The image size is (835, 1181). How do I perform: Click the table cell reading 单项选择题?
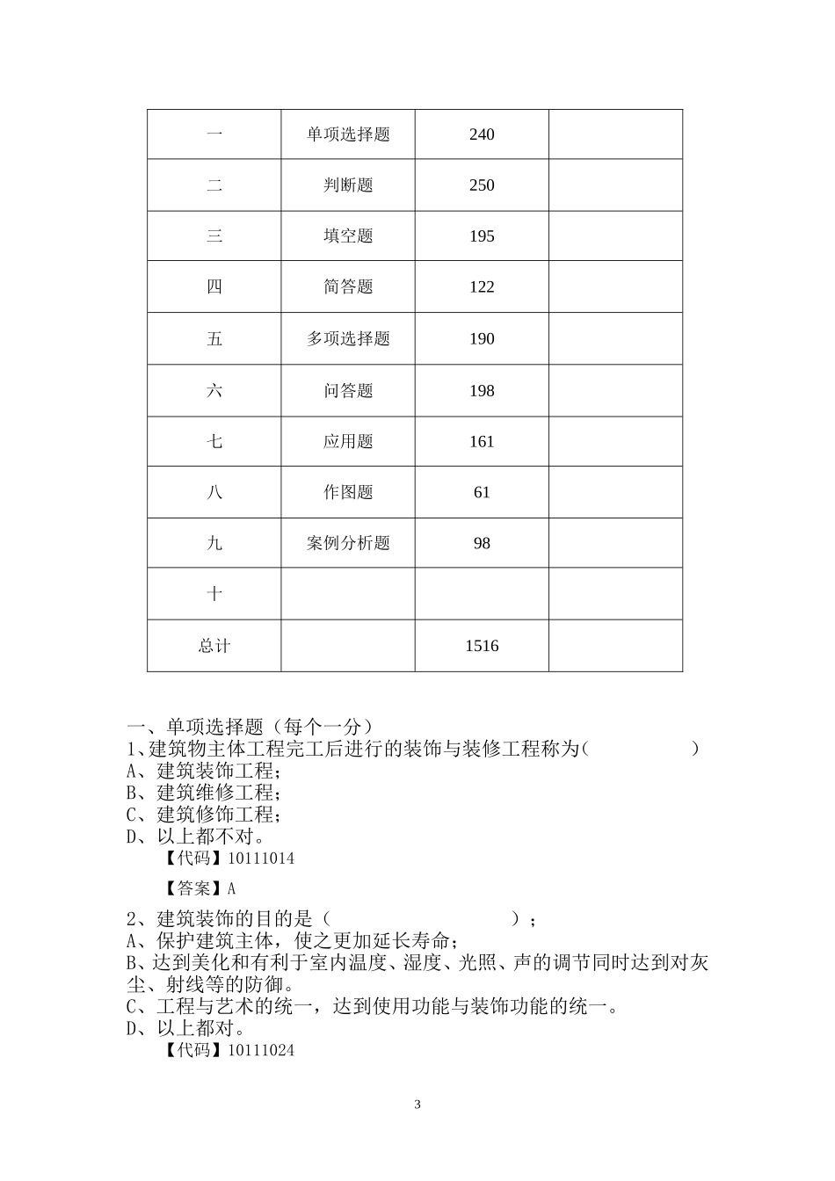[x=348, y=134]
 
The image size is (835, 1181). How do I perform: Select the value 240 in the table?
[x=482, y=134]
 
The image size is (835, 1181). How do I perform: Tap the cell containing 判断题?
[x=348, y=185]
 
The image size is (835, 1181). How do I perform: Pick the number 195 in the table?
[x=482, y=236]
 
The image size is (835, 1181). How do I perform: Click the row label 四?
[x=214, y=287]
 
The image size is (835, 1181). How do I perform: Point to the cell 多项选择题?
[x=348, y=339]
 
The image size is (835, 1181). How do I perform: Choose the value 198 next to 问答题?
[x=482, y=391]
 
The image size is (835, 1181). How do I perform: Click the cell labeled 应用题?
[x=348, y=442]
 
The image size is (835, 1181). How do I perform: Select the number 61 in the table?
[x=482, y=493]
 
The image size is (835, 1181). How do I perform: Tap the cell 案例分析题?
[x=348, y=544]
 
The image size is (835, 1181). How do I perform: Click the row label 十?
[x=214, y=595]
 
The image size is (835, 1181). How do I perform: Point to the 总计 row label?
[x=214, y=647]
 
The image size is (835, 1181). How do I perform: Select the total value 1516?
[x=482, y=647]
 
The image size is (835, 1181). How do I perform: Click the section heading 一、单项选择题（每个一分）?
[x=250, y=728]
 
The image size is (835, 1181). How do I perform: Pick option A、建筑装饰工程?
[x=204, y=772]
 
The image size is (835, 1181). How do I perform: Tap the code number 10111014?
[x=261, y=859]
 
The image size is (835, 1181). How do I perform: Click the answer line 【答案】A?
[x=200, y=888]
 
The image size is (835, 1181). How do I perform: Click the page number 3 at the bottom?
[x=417, y=1105]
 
